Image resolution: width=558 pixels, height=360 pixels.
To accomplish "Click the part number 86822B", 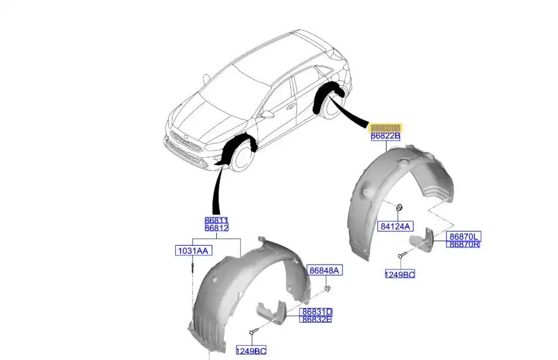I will [x=385, y=137].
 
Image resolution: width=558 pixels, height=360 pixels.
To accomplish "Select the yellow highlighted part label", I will [x=385, y=127].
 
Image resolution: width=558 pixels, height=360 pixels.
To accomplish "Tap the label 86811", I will [x=216, y=220].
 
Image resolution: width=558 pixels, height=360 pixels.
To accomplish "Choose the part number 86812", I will [x=216, y=228].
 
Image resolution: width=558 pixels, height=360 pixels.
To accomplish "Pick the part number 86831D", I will [x=316, y=312].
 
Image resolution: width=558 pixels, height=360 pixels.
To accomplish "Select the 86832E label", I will [x=316, y=319].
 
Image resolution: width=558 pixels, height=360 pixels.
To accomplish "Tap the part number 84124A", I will [x=396, y=227].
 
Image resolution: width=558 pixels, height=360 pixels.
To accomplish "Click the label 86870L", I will [x=464, y=236].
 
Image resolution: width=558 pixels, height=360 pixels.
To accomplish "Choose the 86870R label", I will [x=464, y=244].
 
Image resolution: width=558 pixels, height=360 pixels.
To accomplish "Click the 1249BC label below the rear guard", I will [x=400, y=274].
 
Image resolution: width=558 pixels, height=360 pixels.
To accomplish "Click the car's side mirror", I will [x=268, y=114].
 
